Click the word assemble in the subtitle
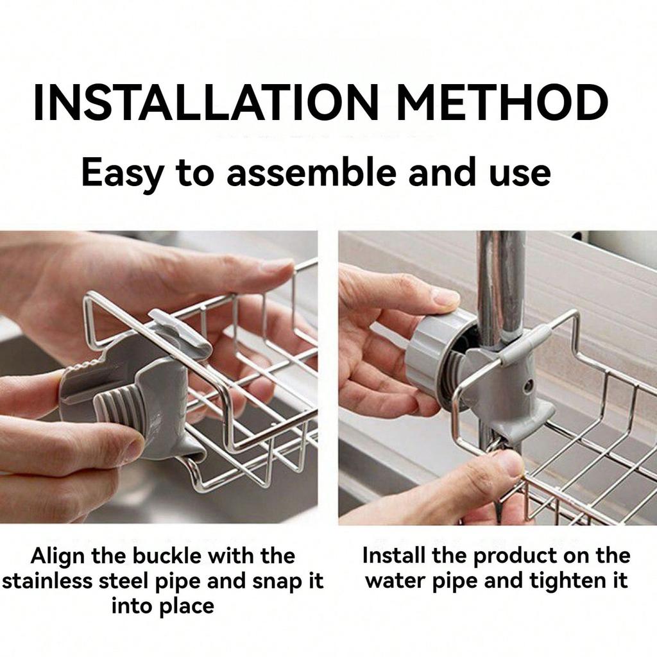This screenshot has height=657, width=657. click(315, 173)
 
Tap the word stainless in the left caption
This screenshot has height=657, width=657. click(46, 581)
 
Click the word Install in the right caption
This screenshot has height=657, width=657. click(391, 556)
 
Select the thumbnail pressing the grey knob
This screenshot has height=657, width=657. click(445, 298)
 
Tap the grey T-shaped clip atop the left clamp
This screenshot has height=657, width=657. click(183, 331)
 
